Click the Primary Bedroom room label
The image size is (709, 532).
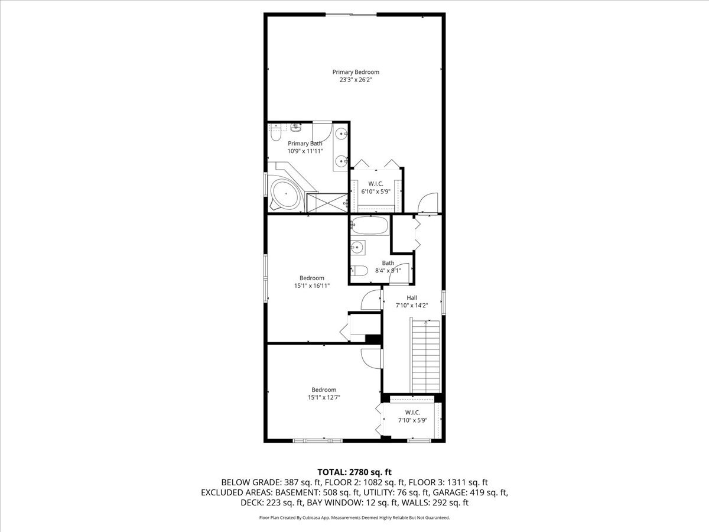[x=355, y=72]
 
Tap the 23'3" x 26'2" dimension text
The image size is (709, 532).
[x=355, y=80]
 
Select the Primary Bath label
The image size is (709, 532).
[x=305, y=144]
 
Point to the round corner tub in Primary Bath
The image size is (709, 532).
[x=285, y=192]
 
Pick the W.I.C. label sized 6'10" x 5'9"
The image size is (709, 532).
[x=376, y=184]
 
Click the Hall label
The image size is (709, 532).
[x=411, y=297]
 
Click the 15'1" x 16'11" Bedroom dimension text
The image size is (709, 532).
[x=311, y=286]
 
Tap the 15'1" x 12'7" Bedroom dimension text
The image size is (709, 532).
[x=324, y=398]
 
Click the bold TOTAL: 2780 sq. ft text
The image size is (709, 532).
[x=354, y=472]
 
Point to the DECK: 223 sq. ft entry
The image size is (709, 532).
[x=272, y=503]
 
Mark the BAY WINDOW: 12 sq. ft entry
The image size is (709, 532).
[x=352, y=503]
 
